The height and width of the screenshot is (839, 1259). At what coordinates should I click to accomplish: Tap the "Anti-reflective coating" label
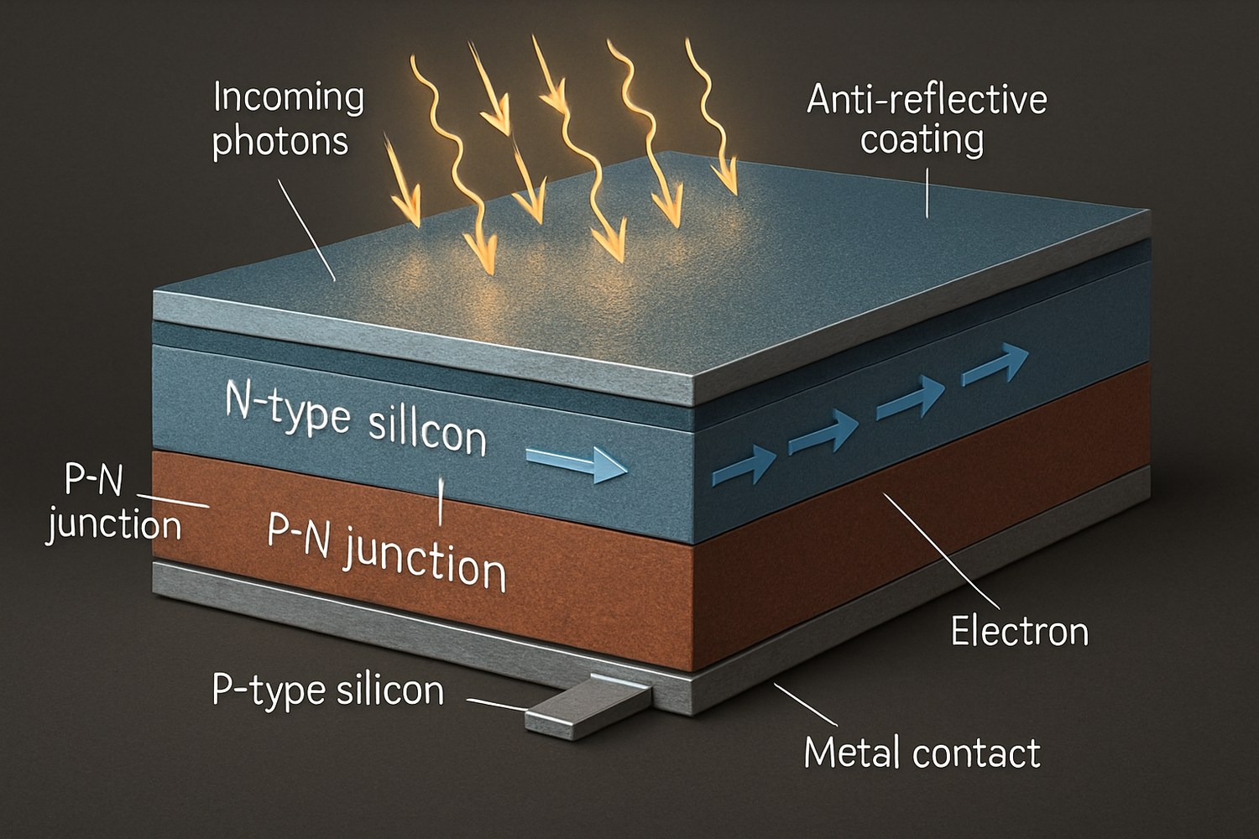click(926, 119)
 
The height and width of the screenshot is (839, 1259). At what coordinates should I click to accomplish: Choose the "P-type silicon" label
click(327, 690)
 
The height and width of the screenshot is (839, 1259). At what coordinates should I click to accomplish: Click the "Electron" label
click(1019, 631)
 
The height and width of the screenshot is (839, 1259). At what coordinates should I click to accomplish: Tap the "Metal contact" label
click(922, 752)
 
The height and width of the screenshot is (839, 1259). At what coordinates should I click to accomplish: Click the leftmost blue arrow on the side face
click(744, 466)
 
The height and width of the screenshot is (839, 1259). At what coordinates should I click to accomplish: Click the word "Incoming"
click(289, 97)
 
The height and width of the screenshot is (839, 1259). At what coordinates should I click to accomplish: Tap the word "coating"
click(922, 140)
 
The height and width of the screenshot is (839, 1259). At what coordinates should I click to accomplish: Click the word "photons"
click(279, 141)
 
